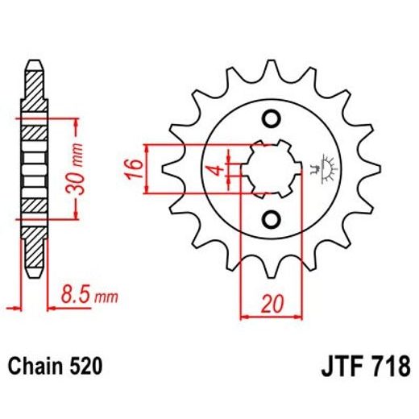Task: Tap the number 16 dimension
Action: (136, 169)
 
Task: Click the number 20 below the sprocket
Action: (273, 305)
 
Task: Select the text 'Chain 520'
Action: (55, 367)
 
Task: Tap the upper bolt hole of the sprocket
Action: (272, 120)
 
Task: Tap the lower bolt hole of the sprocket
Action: (272, 218)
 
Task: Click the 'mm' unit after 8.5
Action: (106, 299)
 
